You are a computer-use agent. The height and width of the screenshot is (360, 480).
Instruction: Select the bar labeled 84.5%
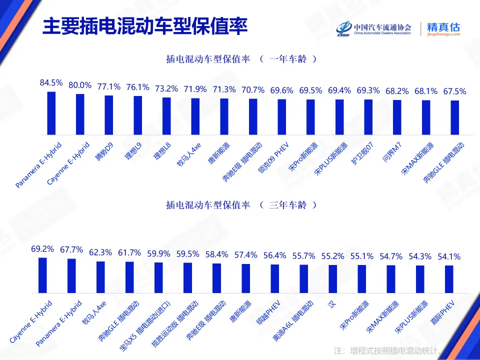[x=51, y=113]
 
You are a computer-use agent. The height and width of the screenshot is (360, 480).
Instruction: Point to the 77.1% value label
[x=109, y=86]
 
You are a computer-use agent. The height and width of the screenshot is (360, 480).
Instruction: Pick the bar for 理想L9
[x=137, y=115]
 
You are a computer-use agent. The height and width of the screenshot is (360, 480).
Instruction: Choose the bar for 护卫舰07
[x=368, y=117]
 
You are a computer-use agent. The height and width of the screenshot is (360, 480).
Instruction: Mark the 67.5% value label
[x=454, y=91]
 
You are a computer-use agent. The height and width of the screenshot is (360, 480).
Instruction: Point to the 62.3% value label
[x=100, y=252]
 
